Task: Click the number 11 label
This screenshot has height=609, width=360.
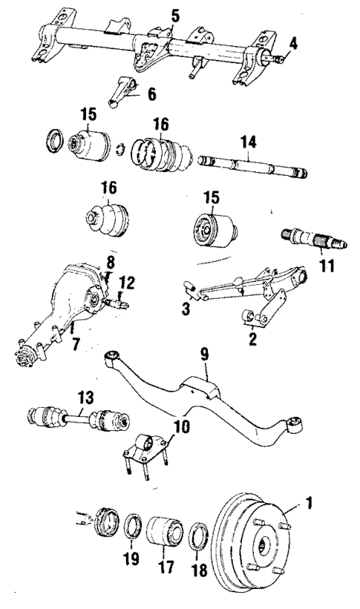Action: click(x=323, y=266)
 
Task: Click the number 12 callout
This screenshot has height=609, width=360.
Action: click(x=129, y=281)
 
